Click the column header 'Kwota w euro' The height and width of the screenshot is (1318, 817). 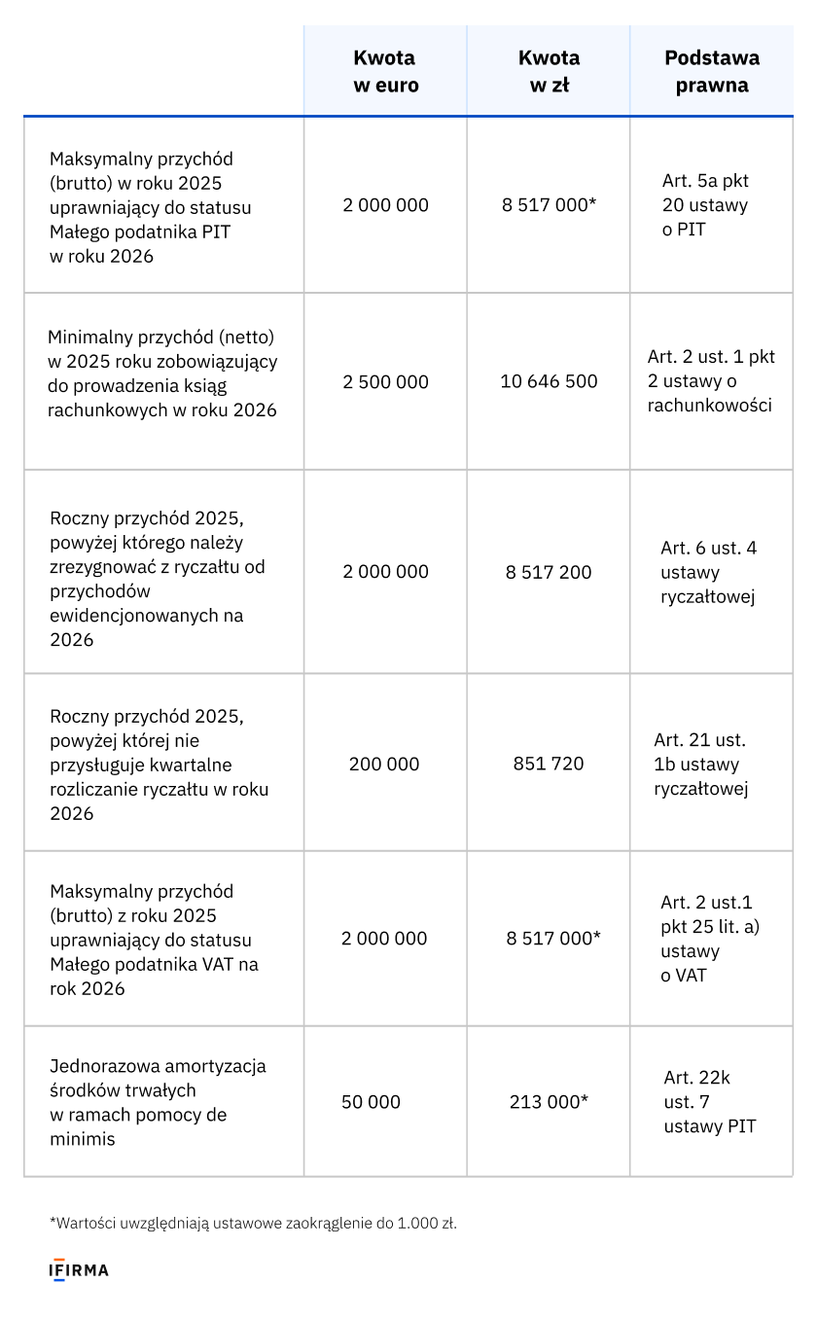pyautogui.click(x=385, y=71)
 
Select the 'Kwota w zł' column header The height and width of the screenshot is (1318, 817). pyautogui.click(x=549, y=71)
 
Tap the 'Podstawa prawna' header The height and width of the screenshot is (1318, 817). pyautogui.click(x=712, y=71)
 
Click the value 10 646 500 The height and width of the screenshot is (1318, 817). pyautogui.click(x=549, y=381)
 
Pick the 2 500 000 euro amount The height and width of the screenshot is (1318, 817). pyautogui.click(x=385, y=381)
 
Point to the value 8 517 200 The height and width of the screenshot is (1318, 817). pyautogui.click(x=549, y=572)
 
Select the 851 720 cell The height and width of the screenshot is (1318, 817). pyautogui.click(x=549, y=764)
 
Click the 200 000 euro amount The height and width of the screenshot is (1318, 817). pyautogui.click(x=384, y=764)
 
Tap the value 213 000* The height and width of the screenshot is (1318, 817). pyautogui.click(x=549, y=1102)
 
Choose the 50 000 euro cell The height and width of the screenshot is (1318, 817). pyautogui.click(x=371, y=1102)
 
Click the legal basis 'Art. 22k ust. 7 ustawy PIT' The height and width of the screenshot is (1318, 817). pyautogui.click(x=710, y=1102)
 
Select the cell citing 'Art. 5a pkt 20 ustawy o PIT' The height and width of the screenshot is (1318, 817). pyautogui.click(x=705, y=205)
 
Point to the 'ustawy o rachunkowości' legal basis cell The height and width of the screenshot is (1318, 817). pyautogui.click(x=711, y=381)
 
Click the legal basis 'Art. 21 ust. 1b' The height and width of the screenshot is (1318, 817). pyautogui.click(x=701, y=764)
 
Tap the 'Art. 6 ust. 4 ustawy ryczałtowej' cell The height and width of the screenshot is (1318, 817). pyautogui.click(x=708, y=572)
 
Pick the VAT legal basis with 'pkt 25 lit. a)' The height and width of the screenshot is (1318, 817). pyautogui.click(x=710, y=939)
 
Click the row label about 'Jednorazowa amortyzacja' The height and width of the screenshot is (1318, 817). pyautogui.click(x=158, y=1102)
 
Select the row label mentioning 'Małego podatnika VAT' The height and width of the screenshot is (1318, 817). pyautogui.click(x=154, y=940)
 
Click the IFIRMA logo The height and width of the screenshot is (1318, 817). pyautogui.click(x=79, y=1270)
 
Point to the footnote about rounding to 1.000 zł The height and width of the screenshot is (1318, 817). pyautogui.click(x=253, y=1223)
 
